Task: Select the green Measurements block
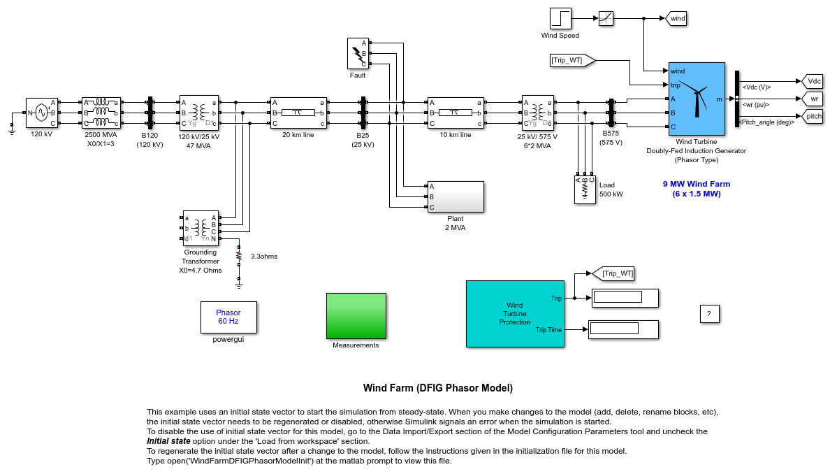[x=356, y=316]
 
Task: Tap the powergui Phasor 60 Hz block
[x=228, y=317]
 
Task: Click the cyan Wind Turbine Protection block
[x=515, y=313]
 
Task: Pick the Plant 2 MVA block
[x=456, y=196]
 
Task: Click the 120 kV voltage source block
[x=41, y=113]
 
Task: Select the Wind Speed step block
[x=560, y=18]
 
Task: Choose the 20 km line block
[x=298, y=113]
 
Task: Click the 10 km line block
[x=456, y=113]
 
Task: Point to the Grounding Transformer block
[x=201, y=228]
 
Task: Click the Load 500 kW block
[x=585, y=189]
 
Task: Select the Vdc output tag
[x=813, y=81]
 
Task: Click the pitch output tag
[x=813, y=116]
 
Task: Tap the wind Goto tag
[x=677, y=18]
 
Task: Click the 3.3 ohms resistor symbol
[x=239, y=255]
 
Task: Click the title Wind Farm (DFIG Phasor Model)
[x=437, y=388]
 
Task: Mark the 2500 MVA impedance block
[x=101, y=113]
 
